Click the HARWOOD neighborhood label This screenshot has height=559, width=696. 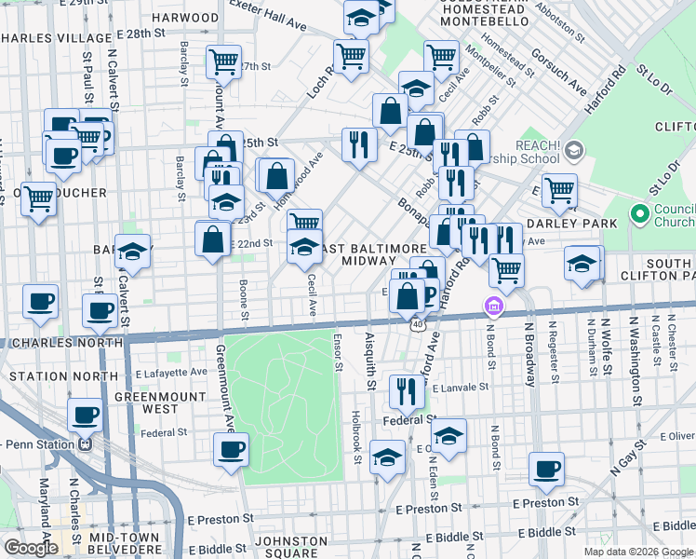click(185, 17)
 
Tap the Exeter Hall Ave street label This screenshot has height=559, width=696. click(271, 20)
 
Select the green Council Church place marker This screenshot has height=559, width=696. click(639, 213)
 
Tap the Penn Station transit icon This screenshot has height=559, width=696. click(87, 443)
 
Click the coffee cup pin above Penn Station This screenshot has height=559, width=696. click(85, 415)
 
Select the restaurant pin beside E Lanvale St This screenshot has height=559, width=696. click(406, 390)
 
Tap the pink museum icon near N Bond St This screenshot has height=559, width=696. click(493, 306)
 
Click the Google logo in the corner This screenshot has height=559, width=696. click(31, 547)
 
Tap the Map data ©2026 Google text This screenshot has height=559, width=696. click(637, 552)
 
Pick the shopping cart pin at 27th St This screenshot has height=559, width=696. click(223, 61)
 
